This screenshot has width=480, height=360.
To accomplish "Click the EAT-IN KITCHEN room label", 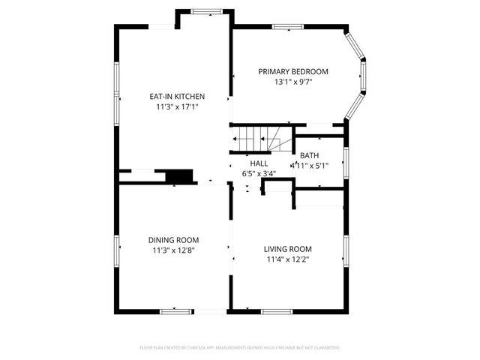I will [177, 97].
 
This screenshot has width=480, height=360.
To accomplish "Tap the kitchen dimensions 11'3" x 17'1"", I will [177, 107].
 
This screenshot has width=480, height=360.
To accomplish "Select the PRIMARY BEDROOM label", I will [293, 72].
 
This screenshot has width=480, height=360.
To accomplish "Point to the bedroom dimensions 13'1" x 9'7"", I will [293, 82].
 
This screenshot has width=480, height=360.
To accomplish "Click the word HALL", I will [259, 163].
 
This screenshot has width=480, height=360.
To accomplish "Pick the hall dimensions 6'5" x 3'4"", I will [259, 173].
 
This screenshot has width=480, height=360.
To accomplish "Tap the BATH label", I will [309, 155].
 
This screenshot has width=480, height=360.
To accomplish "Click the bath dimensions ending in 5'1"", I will [310, 165].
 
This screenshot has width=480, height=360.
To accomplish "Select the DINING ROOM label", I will [173, 240].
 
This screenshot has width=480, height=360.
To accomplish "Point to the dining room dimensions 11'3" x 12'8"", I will [173, 250].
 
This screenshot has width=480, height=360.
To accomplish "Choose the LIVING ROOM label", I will [287, 249].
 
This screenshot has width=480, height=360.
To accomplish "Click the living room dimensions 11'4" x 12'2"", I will [287, 259].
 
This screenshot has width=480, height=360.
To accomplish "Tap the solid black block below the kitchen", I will [179, 176].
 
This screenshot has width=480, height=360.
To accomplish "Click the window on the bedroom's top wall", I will [286, 27].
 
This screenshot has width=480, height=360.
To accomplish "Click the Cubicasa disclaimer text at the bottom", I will [240, 348].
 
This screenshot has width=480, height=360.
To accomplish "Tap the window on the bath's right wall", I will [345, 160].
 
